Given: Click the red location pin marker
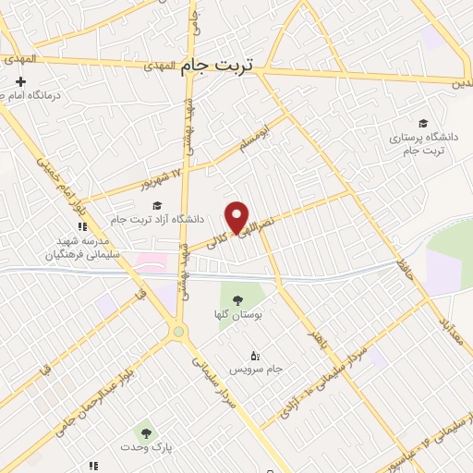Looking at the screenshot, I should pos(237,216).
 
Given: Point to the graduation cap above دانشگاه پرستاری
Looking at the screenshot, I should pos(423,124).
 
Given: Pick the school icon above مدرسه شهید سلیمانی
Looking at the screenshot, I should pos(81,225).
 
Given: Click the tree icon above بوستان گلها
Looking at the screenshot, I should pos(237,300).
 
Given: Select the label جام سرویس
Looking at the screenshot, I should pos(255,370).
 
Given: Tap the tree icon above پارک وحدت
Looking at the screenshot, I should pos(143,431).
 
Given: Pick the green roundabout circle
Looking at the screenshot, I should pos(178,332).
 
